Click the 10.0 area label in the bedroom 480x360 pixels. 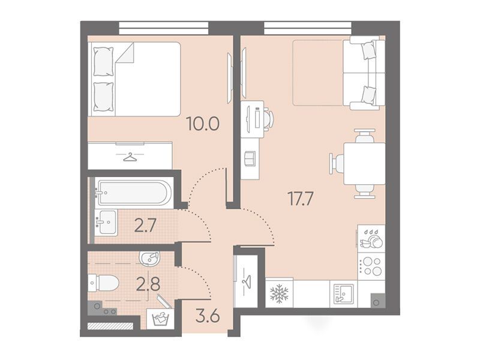point(203,124)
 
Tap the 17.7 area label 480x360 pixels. point(301,199)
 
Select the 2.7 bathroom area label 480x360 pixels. point(145,226)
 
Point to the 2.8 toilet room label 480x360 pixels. point(148,284)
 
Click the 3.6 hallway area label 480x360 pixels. point(208,316)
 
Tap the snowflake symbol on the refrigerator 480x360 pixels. point(279,293)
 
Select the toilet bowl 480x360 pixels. point(104,283)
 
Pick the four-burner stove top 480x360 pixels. point(371,266)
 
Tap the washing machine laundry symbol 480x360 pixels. point(161,319)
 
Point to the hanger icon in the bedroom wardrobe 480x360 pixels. point(130,157)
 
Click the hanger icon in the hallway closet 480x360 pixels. point(247,280)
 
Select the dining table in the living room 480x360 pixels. point(364,163)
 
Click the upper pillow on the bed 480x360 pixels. point(103,62)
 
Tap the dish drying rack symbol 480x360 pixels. point(371,238)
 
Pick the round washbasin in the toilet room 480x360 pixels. point(149,259)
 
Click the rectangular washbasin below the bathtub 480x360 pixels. point(106,223)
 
